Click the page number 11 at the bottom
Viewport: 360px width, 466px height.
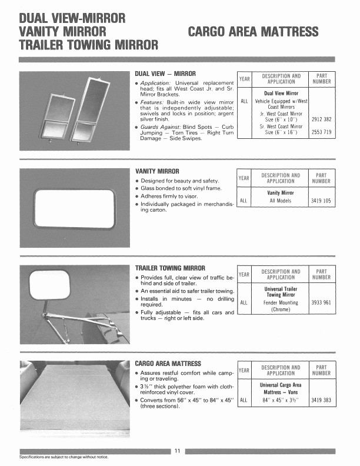(x=177, y=451)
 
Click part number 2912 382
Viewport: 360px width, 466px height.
(x=321, y=119)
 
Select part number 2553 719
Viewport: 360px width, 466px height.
(x=321, y=132)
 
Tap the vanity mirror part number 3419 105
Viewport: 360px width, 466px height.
(x=321, y=201)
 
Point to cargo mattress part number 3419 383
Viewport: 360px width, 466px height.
(x=321, y=399)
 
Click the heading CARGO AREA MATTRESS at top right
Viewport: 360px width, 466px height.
(x=253, y=31)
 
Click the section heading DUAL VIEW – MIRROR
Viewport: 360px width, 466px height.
(x=162, y=74)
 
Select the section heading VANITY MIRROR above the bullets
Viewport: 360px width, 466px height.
(x=157, y=171)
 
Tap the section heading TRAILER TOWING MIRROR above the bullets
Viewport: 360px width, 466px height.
(x=171, y=268)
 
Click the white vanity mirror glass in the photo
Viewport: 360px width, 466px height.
(x=74, y=209)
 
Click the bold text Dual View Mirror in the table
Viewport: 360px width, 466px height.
(x=281, y=93)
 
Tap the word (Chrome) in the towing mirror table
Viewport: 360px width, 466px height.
(x=281, y=309)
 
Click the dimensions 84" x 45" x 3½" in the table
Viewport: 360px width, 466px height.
(x=281, y=399)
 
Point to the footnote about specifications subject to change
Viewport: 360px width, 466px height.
(x=64, y=457)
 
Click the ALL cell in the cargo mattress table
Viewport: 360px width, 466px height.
(x=243, y=399)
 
